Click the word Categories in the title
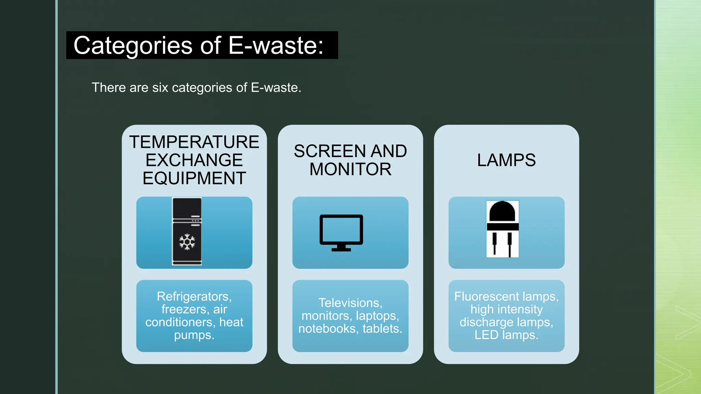[x=133, y=45]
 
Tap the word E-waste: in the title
[x=276, y=45]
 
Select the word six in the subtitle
[x=160, y=88]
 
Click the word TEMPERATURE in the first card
[x=194, y=142]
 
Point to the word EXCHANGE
[x=194, y=160]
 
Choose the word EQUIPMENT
[x=194, y=178]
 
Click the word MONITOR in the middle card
[x=350, y=169]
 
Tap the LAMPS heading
[x=506, y=160]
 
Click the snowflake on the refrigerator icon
[x=187, y=242]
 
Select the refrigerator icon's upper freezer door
[x=187, y=208]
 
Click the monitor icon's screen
[x=341, y=229]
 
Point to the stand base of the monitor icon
[x=341, y=250]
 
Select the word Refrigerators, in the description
[x=194, y=296]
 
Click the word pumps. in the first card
[x=194, y=335]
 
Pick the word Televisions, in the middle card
[x=350, y=303]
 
